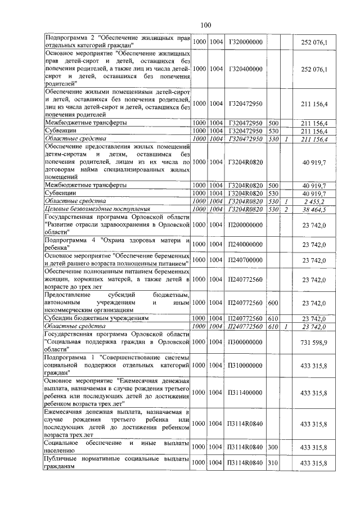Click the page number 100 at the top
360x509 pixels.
205,24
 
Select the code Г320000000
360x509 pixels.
246,42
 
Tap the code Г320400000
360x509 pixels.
246,69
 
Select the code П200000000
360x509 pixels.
246,224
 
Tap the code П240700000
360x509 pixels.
246,260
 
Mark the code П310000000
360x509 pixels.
246,366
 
